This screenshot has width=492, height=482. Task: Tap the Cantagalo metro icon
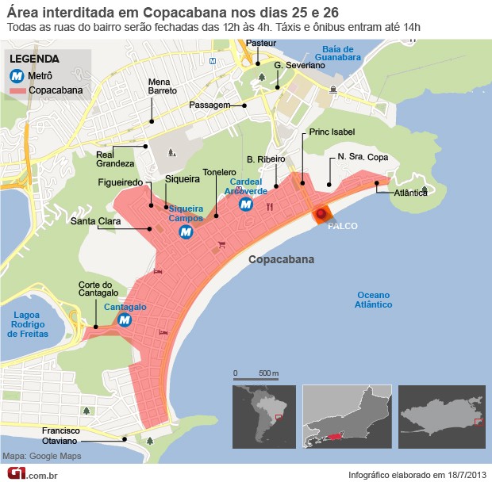point(125,319)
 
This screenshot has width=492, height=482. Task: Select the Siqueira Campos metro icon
point(186,232)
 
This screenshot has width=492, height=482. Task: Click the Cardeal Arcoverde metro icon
point(246,205)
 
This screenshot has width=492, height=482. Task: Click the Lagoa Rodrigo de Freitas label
point(29,324)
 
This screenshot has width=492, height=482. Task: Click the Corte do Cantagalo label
point(97,289)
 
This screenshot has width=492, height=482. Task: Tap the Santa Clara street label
point(95,221)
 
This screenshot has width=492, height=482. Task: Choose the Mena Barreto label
point(163,86)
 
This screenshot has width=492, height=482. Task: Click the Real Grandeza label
point(115,159)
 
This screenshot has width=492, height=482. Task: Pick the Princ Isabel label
point(332,132)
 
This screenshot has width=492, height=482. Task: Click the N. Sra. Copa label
point(363,157)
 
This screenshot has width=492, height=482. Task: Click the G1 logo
point(17,473)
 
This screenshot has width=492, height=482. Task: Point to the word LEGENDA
point(35,59)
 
